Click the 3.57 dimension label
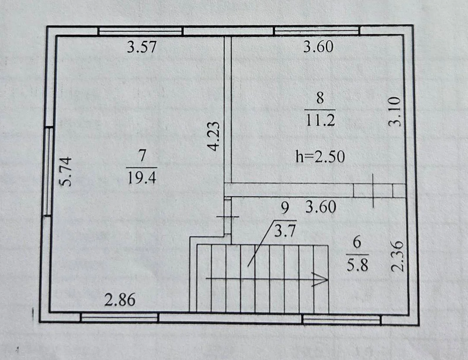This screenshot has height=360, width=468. click(x=142, y=47)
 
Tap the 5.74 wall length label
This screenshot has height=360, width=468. click(x=66, y=172)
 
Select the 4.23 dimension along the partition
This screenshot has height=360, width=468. click(x=214, y=136)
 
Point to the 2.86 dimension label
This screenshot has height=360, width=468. click(x=120, y=300)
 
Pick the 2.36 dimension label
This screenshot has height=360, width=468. click(x=398, y=257)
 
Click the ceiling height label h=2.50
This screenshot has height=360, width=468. click(x=320, y=157)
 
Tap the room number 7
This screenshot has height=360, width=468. click(x=142, y=156)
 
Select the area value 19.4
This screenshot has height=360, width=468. click(x=142, y=178)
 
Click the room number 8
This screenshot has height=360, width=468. click(x=320, y=98)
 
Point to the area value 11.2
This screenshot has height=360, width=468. click(x=320, y=120)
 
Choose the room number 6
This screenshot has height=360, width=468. click(x=357, y=242)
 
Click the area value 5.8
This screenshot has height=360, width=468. click(x=357, y=265)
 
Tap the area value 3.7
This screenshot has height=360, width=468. click(x=285, y=231)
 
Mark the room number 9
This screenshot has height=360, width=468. click(x=285, y=208)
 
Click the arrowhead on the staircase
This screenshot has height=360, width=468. click(x=321, y=280)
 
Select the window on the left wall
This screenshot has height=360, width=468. click(x=49, y=171)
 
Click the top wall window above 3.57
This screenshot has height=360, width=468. click(x=140, y=31)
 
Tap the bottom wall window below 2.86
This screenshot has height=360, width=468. click(x=119, y=317)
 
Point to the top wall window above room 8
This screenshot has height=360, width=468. click(x=317, y=30)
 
